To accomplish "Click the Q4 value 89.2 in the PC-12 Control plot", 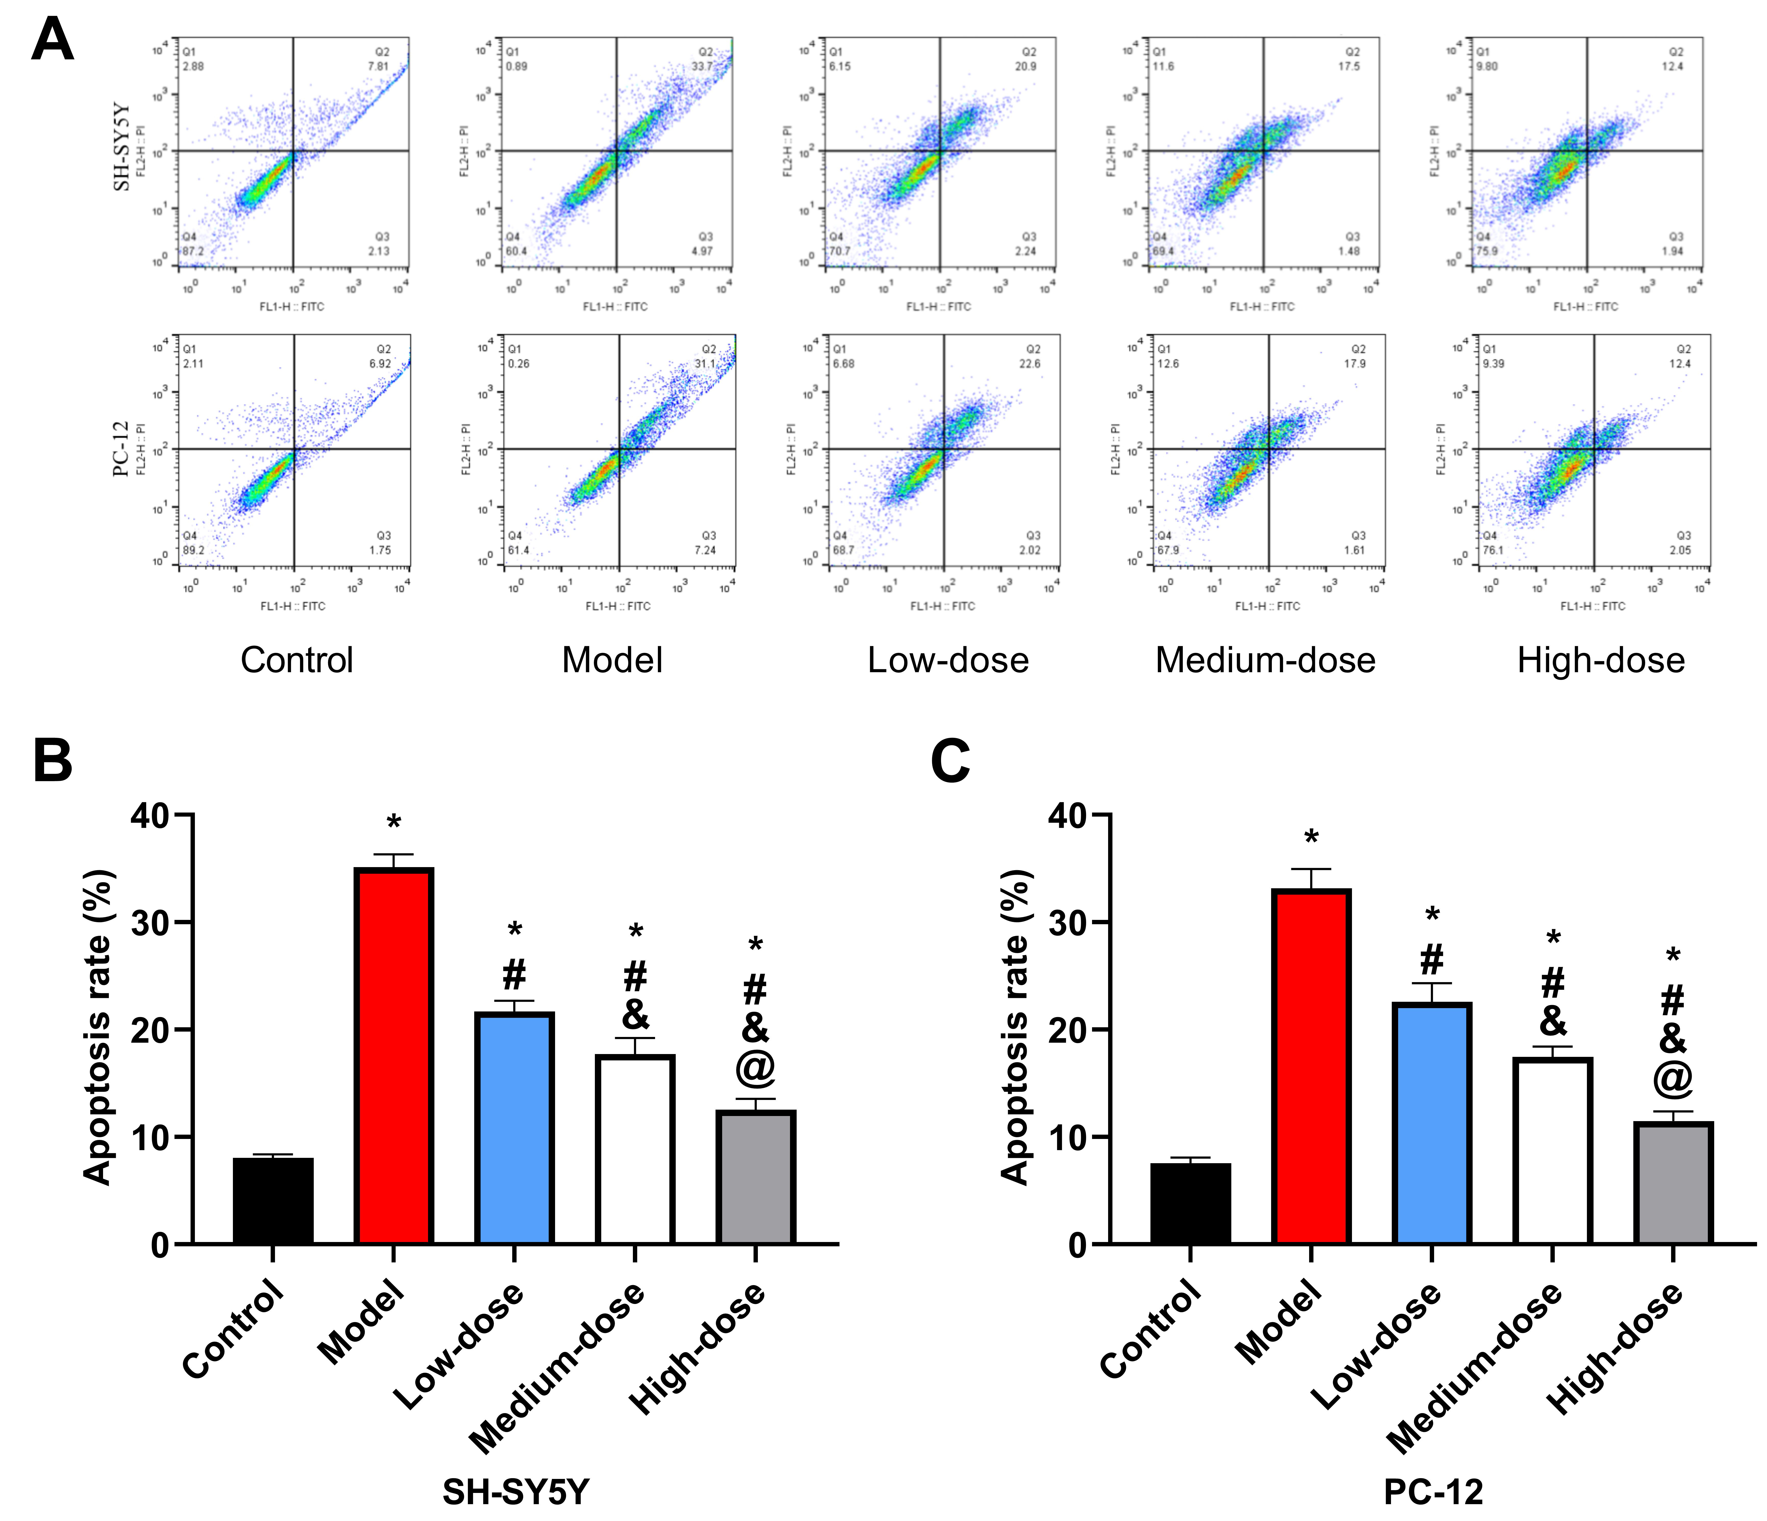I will coord(194,550).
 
